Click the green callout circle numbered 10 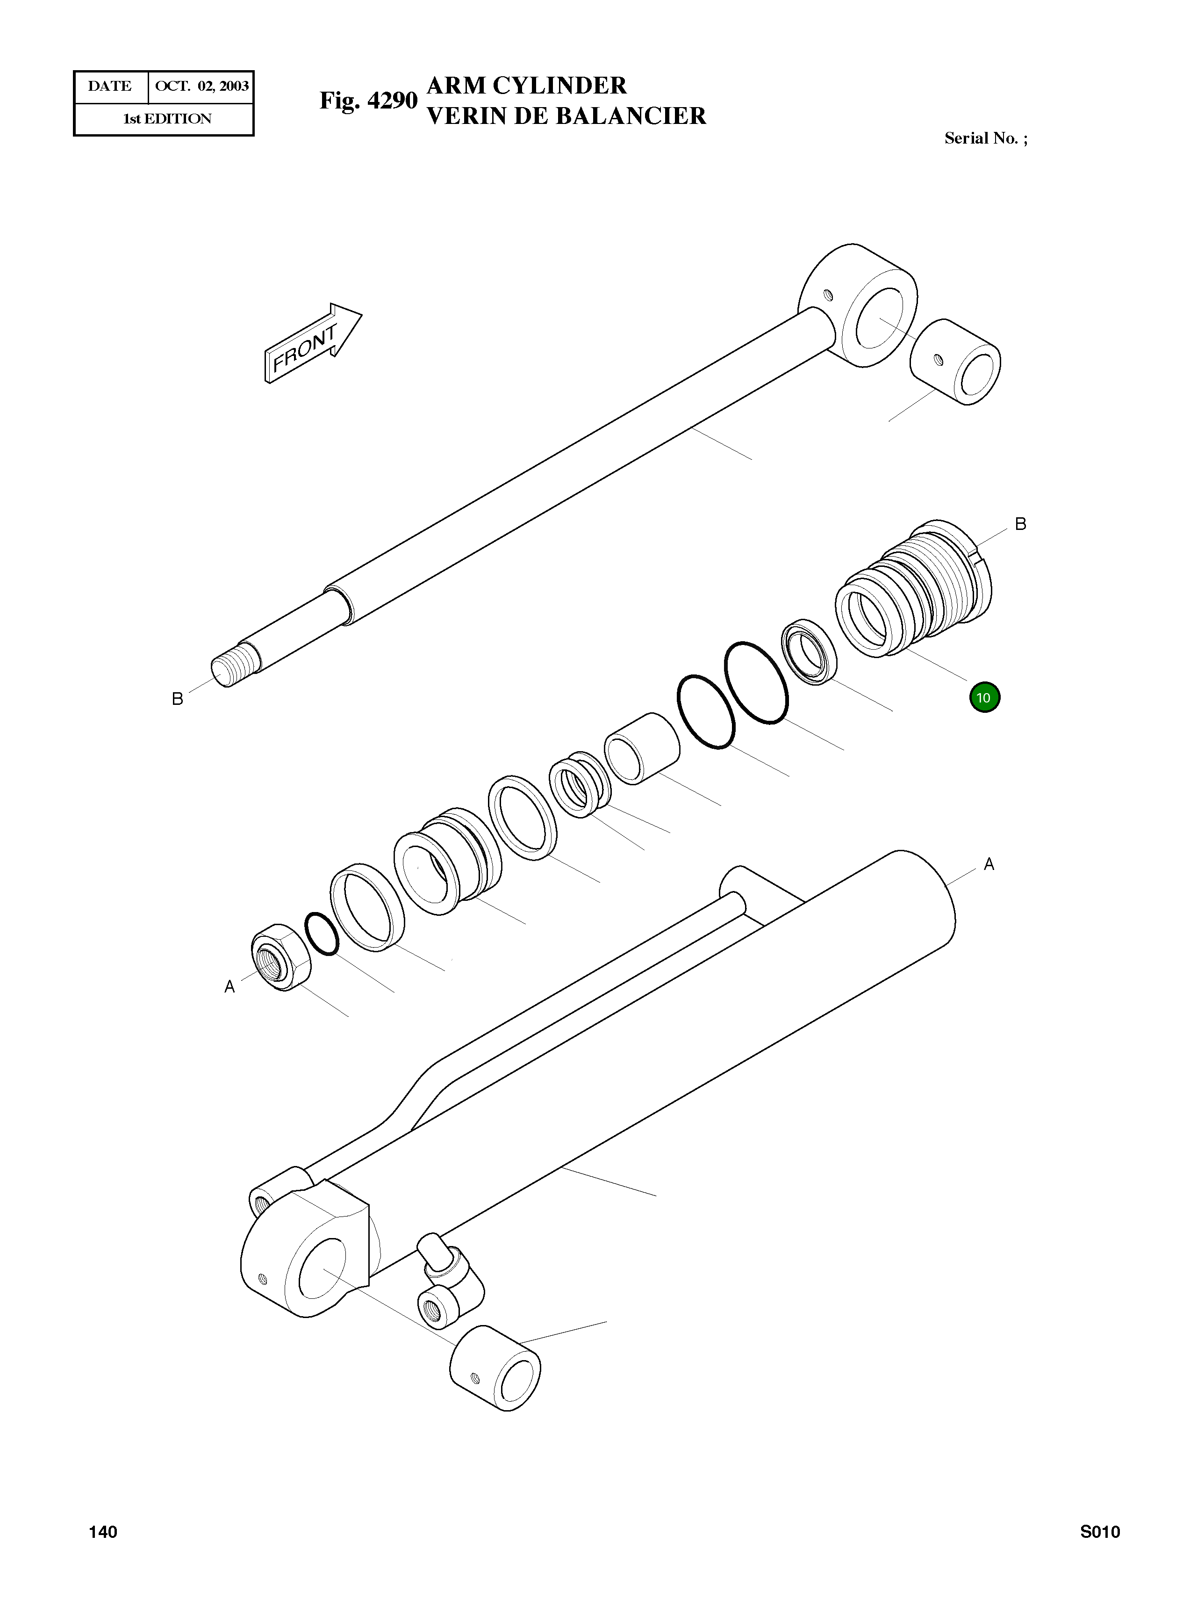[984, 697]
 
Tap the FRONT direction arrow [312, 343]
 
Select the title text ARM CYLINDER [527, 85]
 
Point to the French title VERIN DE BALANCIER [566, 116]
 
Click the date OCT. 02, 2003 [202, 87]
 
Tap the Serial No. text [985, 138]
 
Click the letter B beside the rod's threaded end [177, 698]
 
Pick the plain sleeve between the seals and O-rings [642, 748]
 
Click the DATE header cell [110, 87]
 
